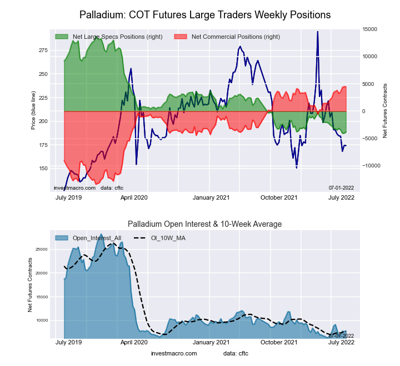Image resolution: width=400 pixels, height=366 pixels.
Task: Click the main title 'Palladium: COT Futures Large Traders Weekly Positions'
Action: coord(205,14)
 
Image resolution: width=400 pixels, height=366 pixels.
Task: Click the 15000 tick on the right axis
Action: coord(370,29)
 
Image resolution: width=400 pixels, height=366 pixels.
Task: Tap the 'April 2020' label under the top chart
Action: coord(133,197)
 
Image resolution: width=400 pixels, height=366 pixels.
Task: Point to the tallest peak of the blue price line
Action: coord(317,32)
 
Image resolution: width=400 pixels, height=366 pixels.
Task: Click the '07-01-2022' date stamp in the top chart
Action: coord(341,187)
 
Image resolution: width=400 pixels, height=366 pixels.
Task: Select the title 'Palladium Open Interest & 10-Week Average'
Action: coord(205,224)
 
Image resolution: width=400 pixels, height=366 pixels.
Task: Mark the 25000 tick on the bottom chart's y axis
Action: coord(41,250)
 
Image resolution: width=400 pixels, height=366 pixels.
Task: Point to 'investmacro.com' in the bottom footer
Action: coord(173,353)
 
